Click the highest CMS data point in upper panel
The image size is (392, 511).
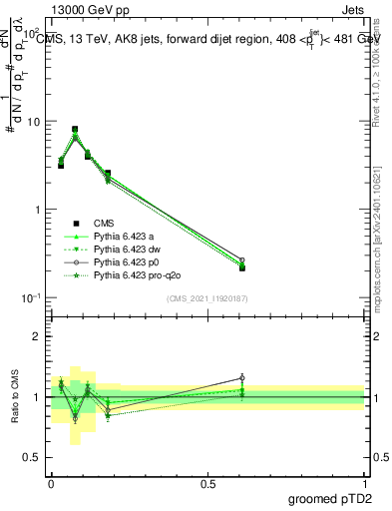(x=75, y=130)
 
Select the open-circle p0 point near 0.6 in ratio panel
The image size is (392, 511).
(x=242, y=378)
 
